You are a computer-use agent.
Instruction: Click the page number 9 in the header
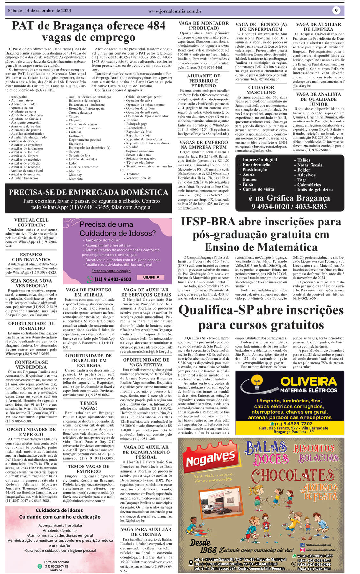tap(336, 11)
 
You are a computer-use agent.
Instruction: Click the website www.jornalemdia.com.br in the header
tap(175, 11)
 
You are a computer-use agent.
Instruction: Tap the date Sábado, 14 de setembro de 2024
tap(39, 11)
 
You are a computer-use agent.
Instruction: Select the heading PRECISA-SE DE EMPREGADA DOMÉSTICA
tap(88, 192)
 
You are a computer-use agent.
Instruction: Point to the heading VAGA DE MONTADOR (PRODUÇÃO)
tap(203, 26)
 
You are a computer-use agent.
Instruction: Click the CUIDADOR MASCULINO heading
tap(261, 90)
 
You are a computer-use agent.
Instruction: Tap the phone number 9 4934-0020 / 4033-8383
tap(289, 207)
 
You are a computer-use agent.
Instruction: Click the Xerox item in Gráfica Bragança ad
tap(249, 174)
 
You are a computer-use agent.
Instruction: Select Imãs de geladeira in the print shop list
tap(315, 189)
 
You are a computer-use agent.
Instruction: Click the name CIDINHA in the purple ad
tap(151, 277)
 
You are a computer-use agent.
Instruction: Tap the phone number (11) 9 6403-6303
tap(113, 279)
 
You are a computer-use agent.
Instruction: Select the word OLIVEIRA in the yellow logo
tap(308, 381)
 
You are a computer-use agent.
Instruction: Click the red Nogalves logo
tap(211, 460)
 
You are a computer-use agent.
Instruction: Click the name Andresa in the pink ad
tap(56, 570)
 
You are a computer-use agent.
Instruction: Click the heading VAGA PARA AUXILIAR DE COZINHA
tap(146, 532)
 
